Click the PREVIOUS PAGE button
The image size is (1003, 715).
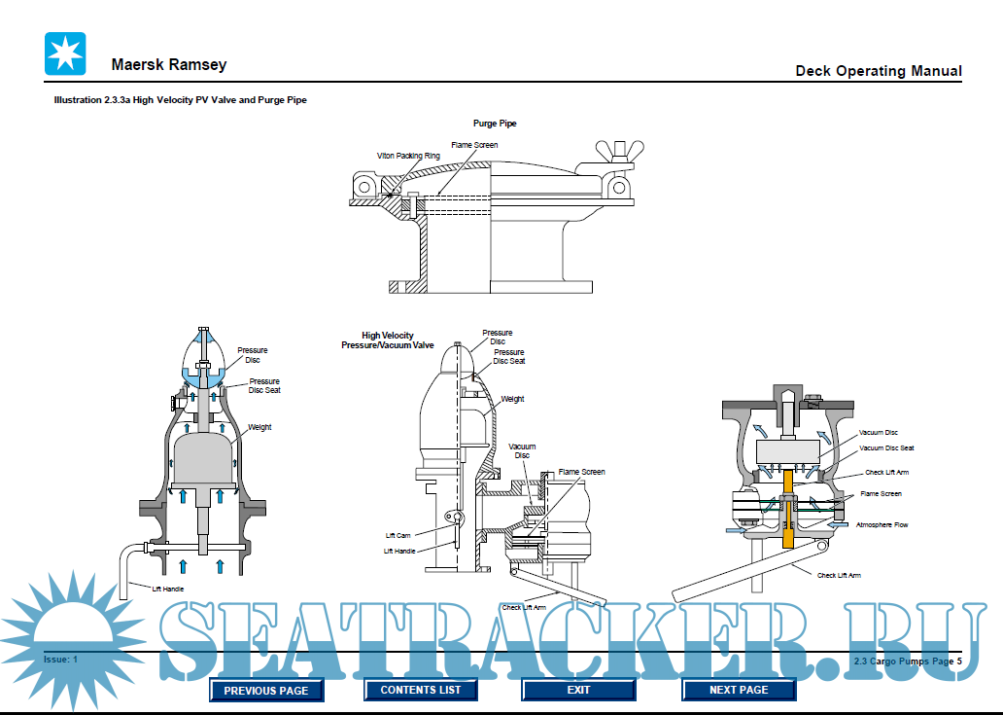click(266, 691)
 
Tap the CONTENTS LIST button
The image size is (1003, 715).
click(421, 690)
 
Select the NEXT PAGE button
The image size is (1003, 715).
click(739, 690)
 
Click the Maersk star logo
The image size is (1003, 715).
click(65, 54)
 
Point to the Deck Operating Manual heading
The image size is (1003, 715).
click(878, 71)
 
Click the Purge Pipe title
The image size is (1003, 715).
click(495, 125)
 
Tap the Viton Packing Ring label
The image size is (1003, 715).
click(408, 156)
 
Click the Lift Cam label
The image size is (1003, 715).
click(398, 536)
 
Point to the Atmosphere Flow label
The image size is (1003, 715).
click(882, 525)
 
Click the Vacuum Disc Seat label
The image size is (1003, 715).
click(886, 448)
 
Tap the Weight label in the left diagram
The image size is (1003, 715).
click(259, 427)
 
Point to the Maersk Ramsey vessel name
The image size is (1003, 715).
click(169, 65)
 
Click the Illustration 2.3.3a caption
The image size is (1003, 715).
click(180, 100)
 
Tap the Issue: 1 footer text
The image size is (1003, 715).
click(60, 660)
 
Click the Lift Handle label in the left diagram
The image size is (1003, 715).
click(168, 589)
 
